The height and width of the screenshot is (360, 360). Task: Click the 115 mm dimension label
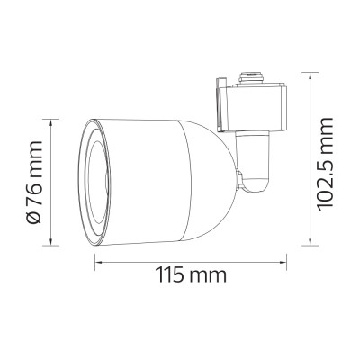[x=191, y=274]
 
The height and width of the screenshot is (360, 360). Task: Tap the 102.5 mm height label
[x=326, y=164]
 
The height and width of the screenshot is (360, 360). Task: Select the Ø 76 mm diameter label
[x=34, y=183]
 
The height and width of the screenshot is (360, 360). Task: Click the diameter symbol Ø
[x=34, y=218]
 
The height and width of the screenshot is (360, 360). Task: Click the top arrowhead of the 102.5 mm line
[x=310, y=76]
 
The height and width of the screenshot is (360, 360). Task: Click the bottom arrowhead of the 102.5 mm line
[x=310, y=241]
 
